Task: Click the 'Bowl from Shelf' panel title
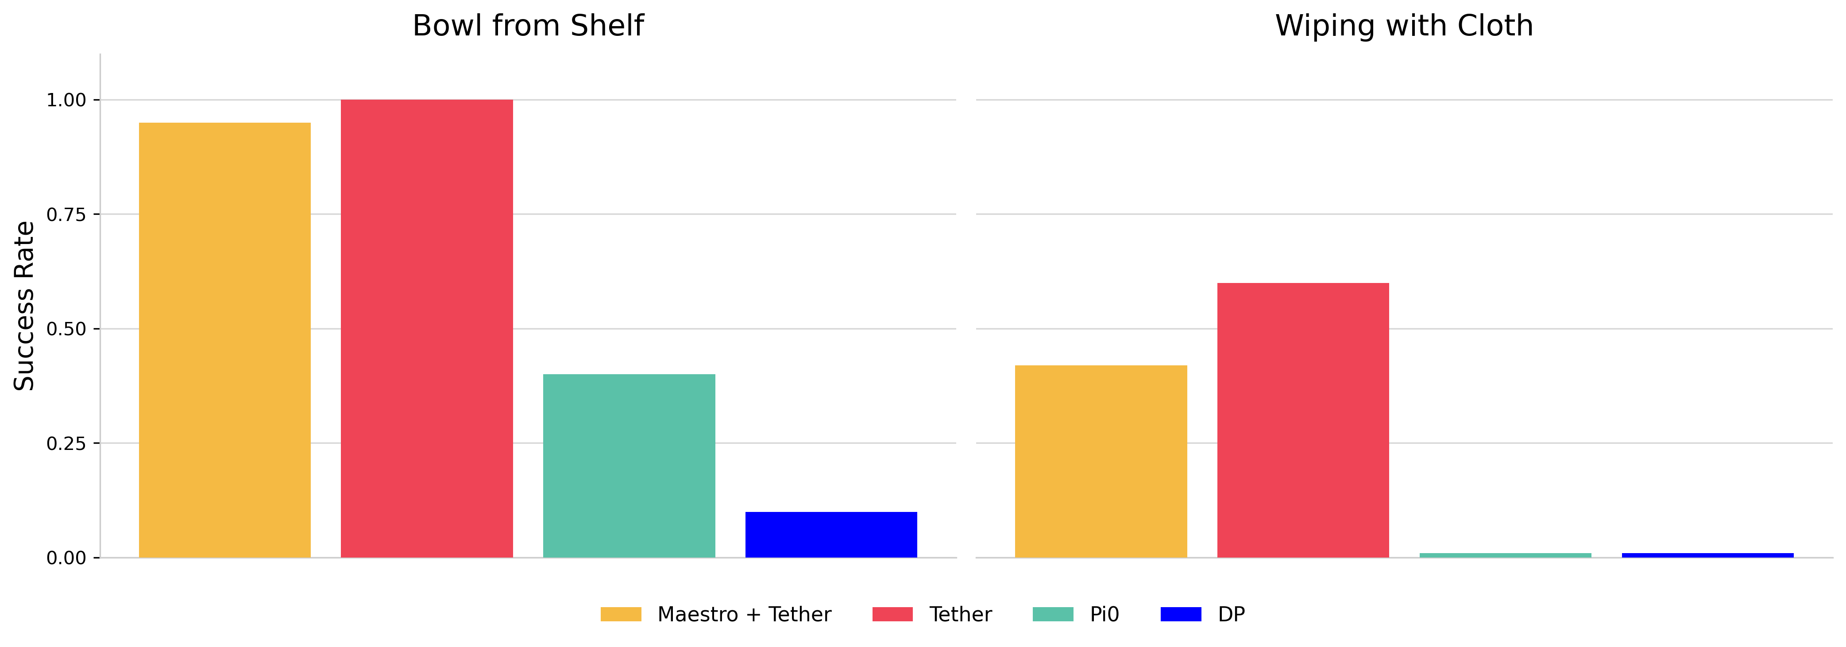pyautogui.click(x=528, y=26)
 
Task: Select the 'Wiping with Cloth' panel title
pyautogui.click(x=1404, y=26)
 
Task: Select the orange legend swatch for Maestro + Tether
pyautogui.click(x=621, y=614)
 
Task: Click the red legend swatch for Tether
pyautogui.click(x=892, y=614)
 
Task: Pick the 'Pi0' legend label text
pyautogui.click(x=1105, y=614)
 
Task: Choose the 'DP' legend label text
pyautogui.click(x=1231, y=614)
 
